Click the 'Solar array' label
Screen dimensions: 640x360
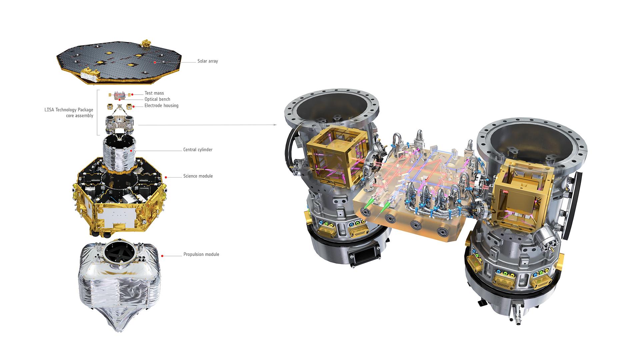coord(207,61)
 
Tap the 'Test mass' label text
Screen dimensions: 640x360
coord(154,93)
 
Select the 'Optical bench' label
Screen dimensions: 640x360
coord(157,99)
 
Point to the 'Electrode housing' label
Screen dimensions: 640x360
coord(161,106)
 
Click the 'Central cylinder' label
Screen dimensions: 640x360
coord(198,150)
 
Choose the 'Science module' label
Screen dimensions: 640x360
coord(198,176)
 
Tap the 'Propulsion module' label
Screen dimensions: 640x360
coord(201,254)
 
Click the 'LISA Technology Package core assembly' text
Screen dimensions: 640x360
coord(69,113)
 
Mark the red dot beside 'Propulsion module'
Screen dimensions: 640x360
coord(162,256)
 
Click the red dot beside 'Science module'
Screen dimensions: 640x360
coord(166,177)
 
